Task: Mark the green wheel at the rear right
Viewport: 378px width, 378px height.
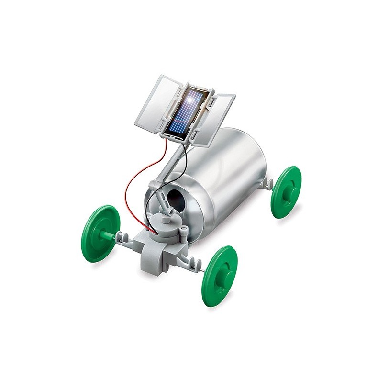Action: pyautogui.click(x=287, y=191)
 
